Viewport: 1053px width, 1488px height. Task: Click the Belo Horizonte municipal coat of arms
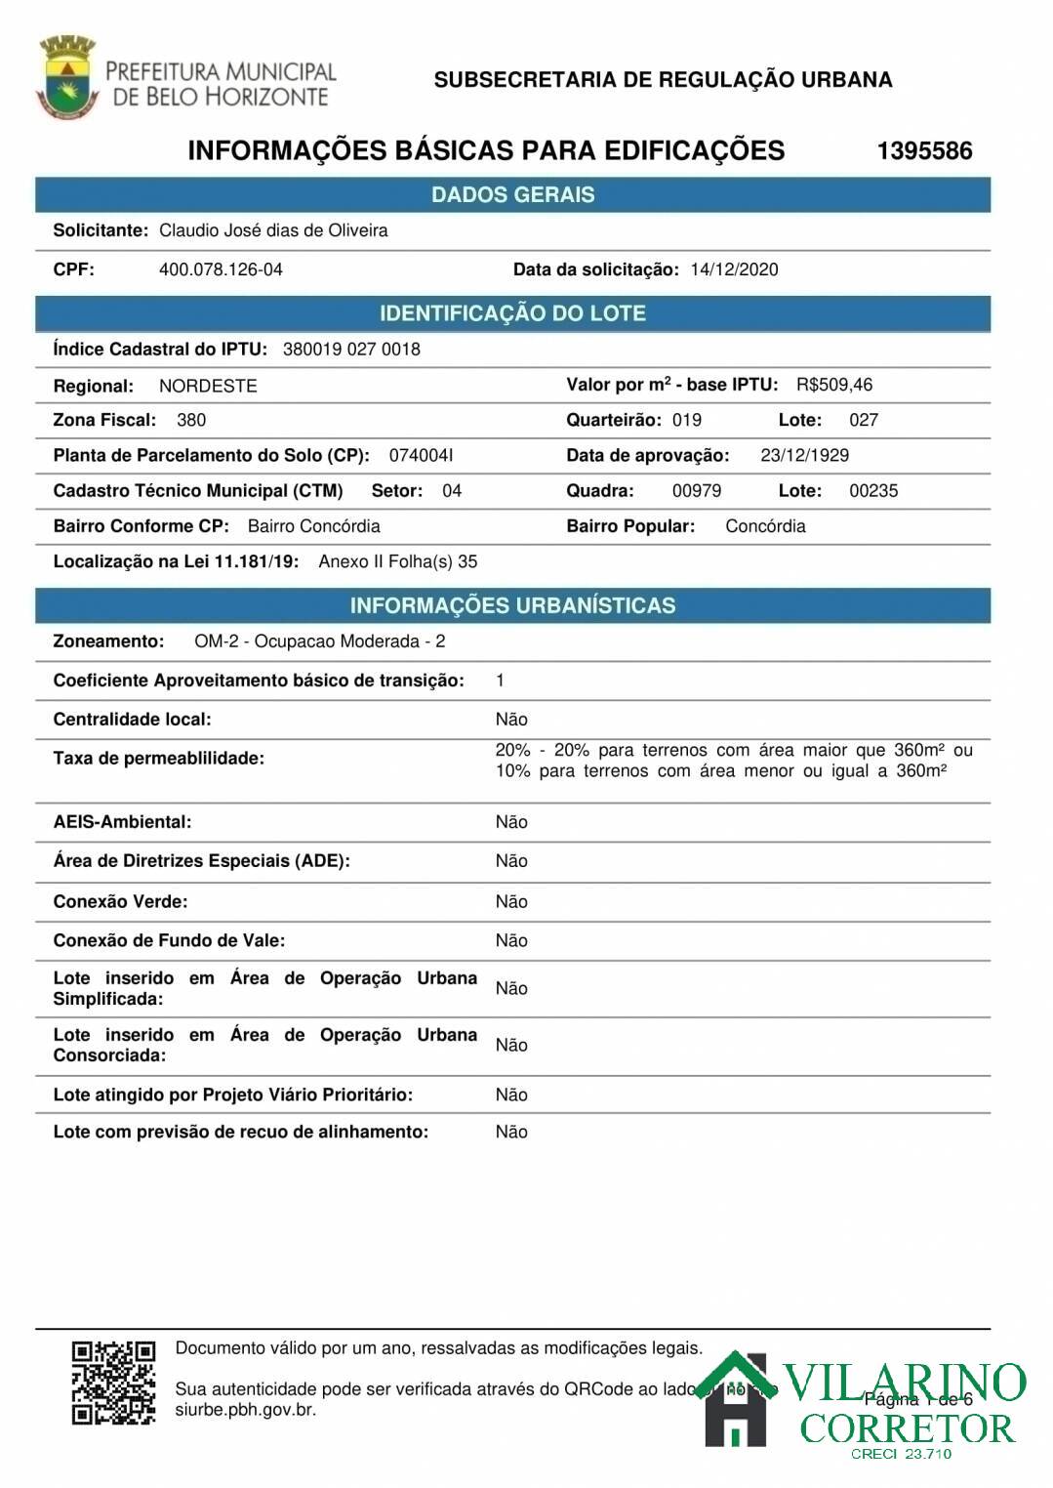click(x=66, y=75)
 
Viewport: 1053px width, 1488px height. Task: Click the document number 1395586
click(x=924, y=150)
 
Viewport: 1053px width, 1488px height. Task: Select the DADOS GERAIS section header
click(x=512, y=194)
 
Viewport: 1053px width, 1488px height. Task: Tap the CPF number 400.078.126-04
click(x=221, y=269)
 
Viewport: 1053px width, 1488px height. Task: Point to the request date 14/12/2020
click(x=734, y=269)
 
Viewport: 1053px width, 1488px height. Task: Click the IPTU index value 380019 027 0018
click(x=351, y=350)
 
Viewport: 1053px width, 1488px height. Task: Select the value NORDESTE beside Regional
click(x=208, y=386)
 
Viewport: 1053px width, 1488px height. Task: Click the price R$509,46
click(x=834, y=385)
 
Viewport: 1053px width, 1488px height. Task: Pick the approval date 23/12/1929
click(x=804, y=455)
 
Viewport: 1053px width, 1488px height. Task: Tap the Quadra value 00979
click(x=697, y=490)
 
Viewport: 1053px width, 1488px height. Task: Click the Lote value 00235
click(x=873, y=490)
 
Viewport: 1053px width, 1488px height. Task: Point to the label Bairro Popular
click(x=630, y=526)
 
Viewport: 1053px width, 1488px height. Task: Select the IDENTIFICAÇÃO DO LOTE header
click(x=512, y=313)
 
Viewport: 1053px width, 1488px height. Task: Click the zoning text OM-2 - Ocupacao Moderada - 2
click(x=320, y=641)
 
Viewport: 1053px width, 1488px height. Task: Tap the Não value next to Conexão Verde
click(x=511, y=901)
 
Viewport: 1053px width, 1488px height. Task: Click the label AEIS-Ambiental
click(x=122, y=822)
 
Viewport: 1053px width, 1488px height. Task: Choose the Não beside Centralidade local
click(x=511, y=720)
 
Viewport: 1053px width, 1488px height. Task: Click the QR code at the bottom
click(x=114, y=1382)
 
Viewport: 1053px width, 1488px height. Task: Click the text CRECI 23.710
click(x=900, y=1454)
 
